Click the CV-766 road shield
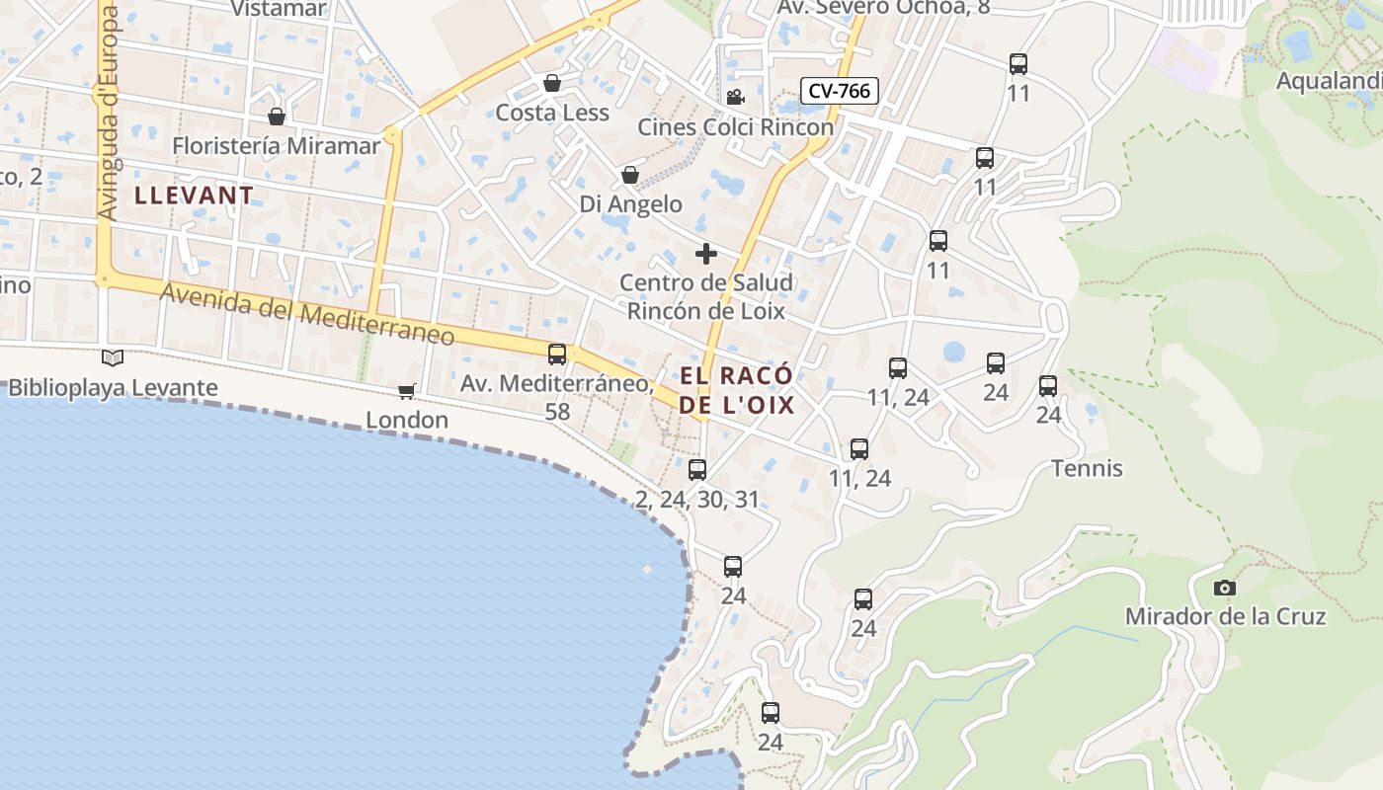click(x=839, y=91)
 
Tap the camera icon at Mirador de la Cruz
click(x=1224, y=588)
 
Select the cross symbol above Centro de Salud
click(x=705, y=254)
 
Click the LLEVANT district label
click(x=194, y=195)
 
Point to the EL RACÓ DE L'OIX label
click(x=736, y=390)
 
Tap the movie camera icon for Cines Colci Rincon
click(x=735, y=97)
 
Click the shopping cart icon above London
click(x=406, y=392)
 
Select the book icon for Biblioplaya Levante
click(x=113, y=357)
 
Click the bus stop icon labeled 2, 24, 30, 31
click(x=697, y=469)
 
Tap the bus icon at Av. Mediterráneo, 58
click(x=557, y=354)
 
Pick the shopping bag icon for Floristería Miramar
click(x=277, y=117)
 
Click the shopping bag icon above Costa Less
click(x=552, y=83)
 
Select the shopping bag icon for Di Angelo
click(x=629, y=175)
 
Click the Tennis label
click(x=1087, y=468)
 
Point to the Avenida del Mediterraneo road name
click(x=307, y=314)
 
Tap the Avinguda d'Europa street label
click(x=108, y=114)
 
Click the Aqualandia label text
click(x=1329, y=81)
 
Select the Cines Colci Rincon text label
click(x=735, y=127)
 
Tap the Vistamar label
click(x=279, y=9)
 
